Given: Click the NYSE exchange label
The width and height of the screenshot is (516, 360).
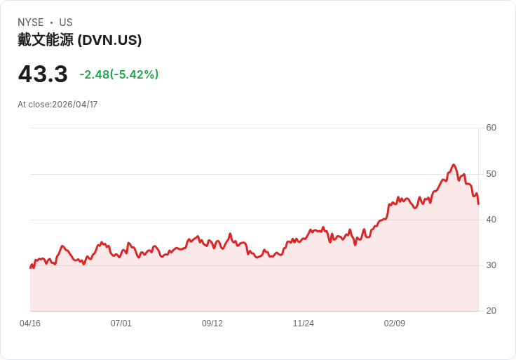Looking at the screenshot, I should coord(30,22).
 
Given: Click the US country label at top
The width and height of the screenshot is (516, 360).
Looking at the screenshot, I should coord(66,22).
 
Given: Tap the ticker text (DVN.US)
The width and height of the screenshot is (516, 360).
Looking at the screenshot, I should coord(109,41).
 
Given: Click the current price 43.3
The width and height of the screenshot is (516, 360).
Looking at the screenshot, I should coord(43,74).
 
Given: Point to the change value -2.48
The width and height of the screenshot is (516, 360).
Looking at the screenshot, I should coord(94,74).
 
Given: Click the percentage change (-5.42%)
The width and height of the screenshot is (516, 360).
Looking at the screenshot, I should coord(135,74).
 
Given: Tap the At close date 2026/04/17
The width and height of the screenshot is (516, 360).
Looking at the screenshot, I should coord(74,105).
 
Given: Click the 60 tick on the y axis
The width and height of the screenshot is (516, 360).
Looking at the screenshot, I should coord(491,128).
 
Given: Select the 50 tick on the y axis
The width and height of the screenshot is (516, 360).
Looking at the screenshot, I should coord(491,173).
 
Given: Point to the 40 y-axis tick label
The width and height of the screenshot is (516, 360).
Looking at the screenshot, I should coord(491,220).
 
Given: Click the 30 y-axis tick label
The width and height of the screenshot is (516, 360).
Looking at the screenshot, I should coord(491,265).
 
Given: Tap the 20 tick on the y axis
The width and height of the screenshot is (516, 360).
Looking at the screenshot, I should coord(491,311).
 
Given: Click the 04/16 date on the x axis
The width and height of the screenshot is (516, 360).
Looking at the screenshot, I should coord(30,324).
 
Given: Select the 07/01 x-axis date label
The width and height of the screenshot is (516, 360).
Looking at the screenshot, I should coord(121,324).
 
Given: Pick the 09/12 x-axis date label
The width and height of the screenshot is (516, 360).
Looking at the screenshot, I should coord(212,324).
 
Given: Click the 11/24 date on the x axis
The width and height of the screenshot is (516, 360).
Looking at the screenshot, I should coord(304,324).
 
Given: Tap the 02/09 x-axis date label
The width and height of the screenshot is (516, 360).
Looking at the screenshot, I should coord(395,324).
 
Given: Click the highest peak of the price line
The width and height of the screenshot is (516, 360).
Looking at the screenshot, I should coord(454,165).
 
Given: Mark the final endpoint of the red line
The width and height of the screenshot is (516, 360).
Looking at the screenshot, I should coord(478,204).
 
